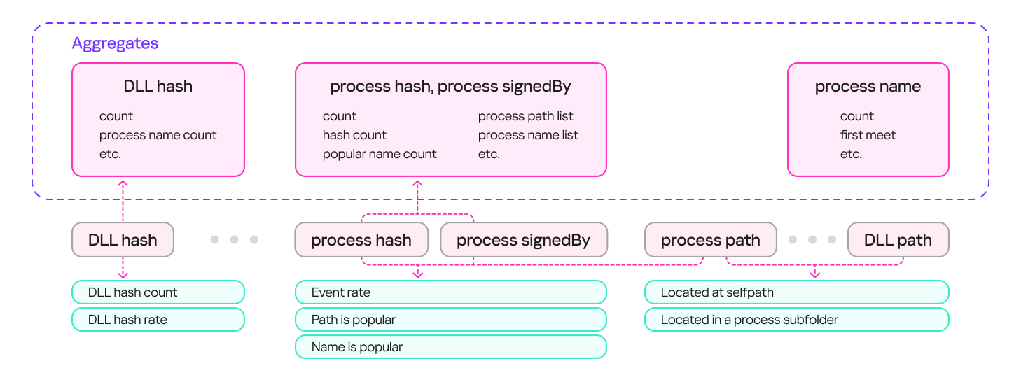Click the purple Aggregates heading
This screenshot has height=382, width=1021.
(115, 43)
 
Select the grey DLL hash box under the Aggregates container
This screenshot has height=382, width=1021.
(123, 240)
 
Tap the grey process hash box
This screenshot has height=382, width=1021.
(361, 240)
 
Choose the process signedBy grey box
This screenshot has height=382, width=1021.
(523, 240)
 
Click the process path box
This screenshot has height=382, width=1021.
(710, 240)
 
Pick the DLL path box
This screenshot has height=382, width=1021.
(898, 240)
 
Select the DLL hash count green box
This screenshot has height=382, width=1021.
(158, 292)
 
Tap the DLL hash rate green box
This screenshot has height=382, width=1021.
(158, 320)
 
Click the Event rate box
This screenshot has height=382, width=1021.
(450, 292)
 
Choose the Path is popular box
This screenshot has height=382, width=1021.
(450, 320)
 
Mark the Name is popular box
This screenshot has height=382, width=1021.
(450, 347)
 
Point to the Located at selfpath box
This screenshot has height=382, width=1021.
(796, 292)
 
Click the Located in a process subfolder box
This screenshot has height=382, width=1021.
(796, 320)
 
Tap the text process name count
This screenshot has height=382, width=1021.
(158, 135)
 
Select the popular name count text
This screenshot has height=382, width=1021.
(380, 154)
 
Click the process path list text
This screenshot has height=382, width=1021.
(526, 116)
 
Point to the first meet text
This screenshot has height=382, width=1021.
(868, 135)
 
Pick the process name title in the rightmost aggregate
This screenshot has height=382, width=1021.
(868, 87)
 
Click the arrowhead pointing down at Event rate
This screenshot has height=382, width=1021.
(418, 274)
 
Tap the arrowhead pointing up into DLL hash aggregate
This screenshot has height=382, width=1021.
(123, 183)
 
